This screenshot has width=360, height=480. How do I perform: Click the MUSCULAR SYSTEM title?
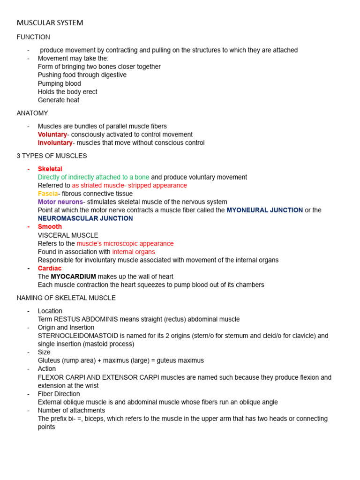[50, 22]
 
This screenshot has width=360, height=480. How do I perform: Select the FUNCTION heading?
[33, 37]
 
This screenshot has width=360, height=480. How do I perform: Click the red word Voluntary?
[52, 135]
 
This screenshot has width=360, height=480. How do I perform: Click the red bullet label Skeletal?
[50, 169]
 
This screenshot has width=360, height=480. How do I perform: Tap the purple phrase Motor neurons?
[60, 202]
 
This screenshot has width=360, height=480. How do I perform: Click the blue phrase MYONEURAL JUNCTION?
[265, 210]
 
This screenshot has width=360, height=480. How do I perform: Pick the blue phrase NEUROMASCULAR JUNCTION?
[85, 218]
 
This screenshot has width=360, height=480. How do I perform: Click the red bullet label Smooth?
[50, 227]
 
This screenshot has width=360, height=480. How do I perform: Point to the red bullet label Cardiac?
[50, 269]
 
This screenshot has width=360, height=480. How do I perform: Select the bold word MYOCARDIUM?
[74, 277]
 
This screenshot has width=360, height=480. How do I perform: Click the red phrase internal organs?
[134, 252]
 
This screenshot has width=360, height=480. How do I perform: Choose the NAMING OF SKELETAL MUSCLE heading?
[66, 298]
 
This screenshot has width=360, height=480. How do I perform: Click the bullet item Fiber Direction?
[59, 394]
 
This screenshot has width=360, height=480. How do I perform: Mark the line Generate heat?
[59, 100]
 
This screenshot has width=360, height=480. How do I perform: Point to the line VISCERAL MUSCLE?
[68, 235]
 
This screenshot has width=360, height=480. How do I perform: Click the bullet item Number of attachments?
[70, 411]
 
